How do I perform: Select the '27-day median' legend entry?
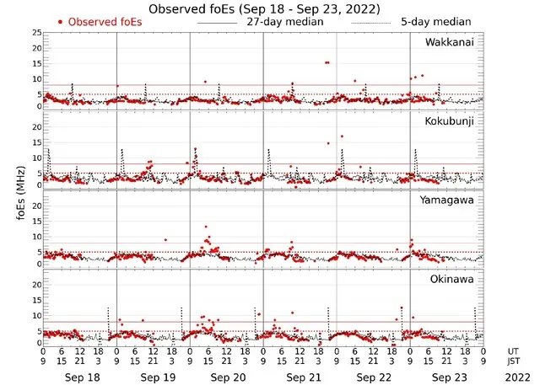tap(286, 21)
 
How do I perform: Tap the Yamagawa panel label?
tap(450, 201)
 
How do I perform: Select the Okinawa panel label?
tap(453, 279)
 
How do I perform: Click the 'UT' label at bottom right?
tap(514, 350)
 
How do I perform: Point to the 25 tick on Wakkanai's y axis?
tap(35, 32)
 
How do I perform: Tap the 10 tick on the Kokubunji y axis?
tap(35, 158)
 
